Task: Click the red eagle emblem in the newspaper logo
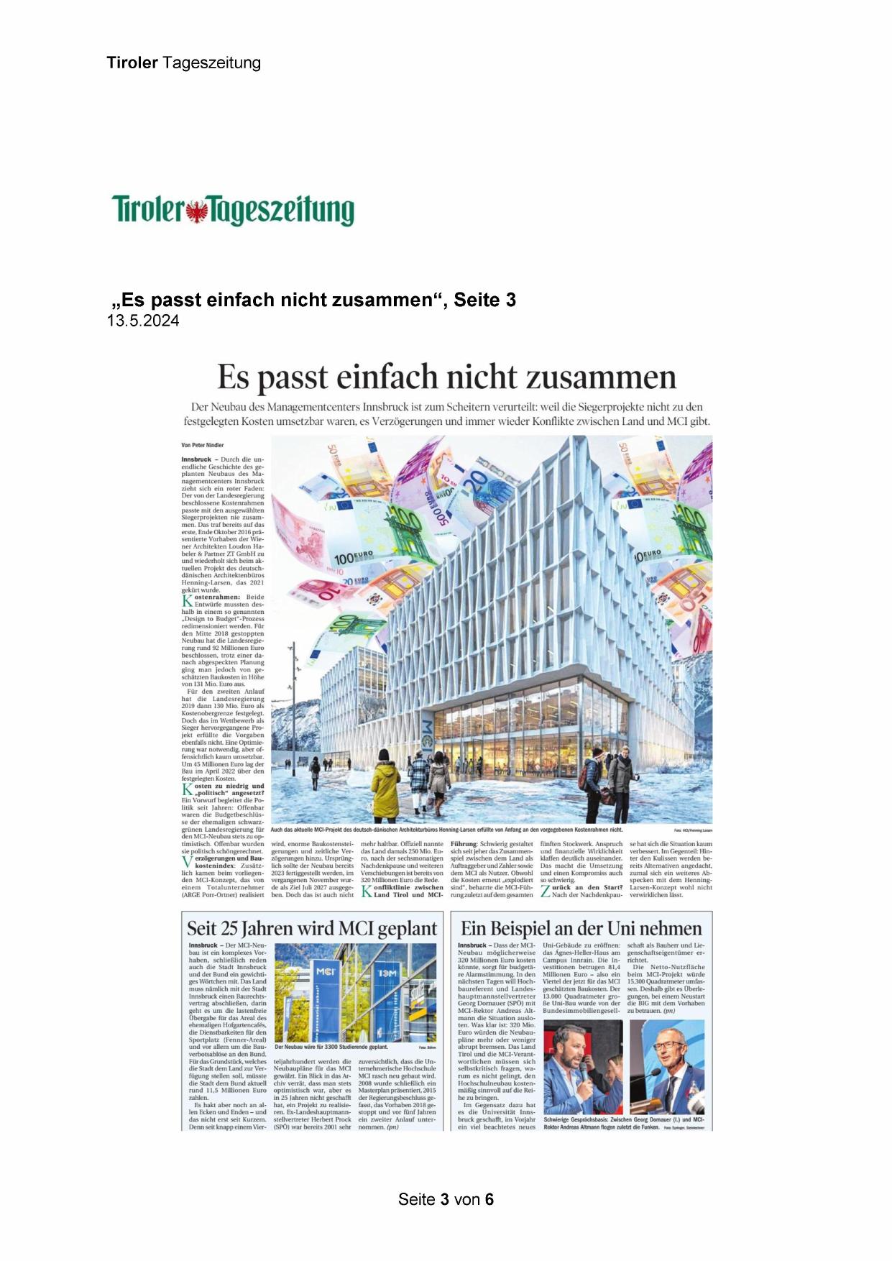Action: click(x=196, y=211)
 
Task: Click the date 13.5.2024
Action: click(x=143, y=321)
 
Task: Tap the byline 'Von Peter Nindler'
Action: click(x=203, y=445)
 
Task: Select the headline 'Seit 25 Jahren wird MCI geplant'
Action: click(x=312, y=928)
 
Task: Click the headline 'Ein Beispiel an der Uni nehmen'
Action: click(x=581, y=928)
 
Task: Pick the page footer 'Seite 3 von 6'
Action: click(x=446, y=1199)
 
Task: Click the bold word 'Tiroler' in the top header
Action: click(x=132, y=63)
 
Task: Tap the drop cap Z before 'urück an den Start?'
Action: click(x=546, y=891)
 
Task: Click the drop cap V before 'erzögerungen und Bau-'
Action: click(x=187, y=862)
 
